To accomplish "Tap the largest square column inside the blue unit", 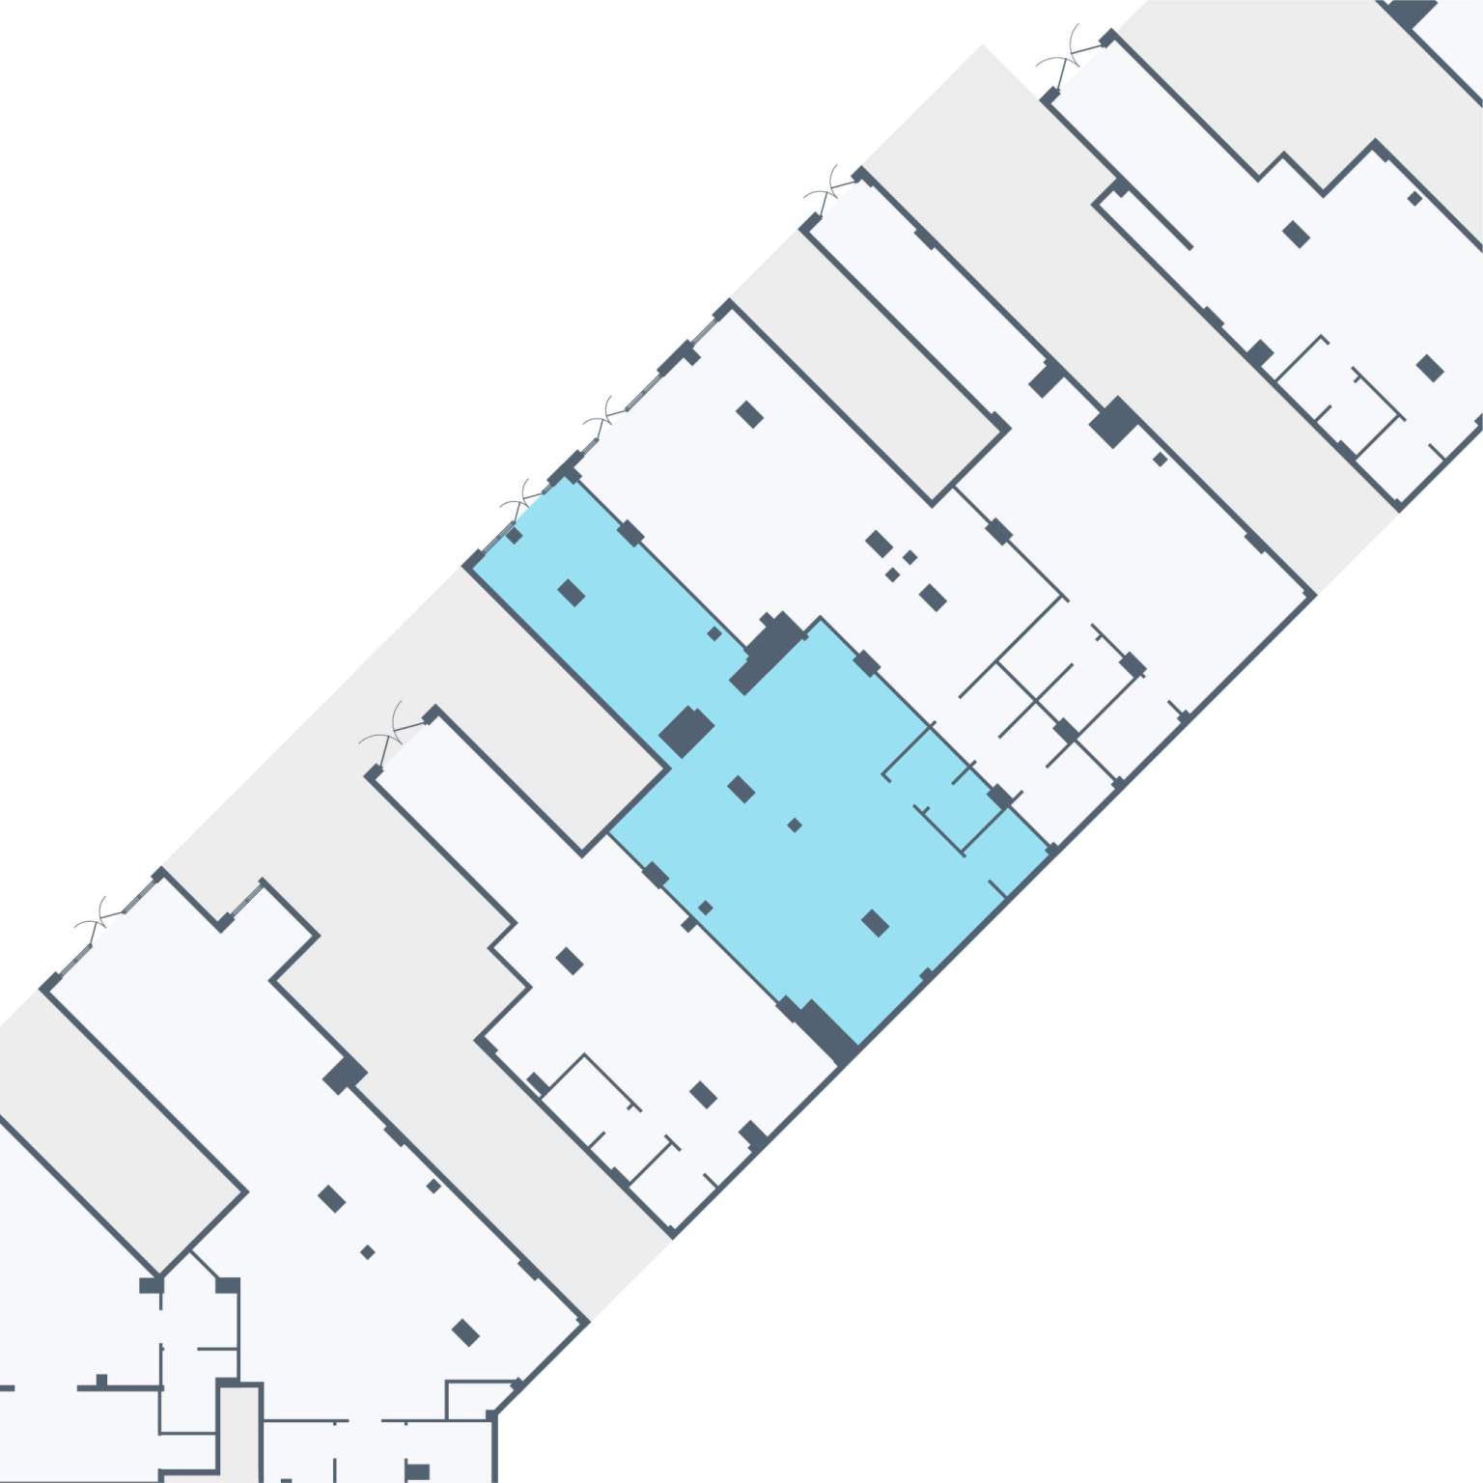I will tap(686, 730).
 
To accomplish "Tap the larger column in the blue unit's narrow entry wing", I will tap(572, 593).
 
